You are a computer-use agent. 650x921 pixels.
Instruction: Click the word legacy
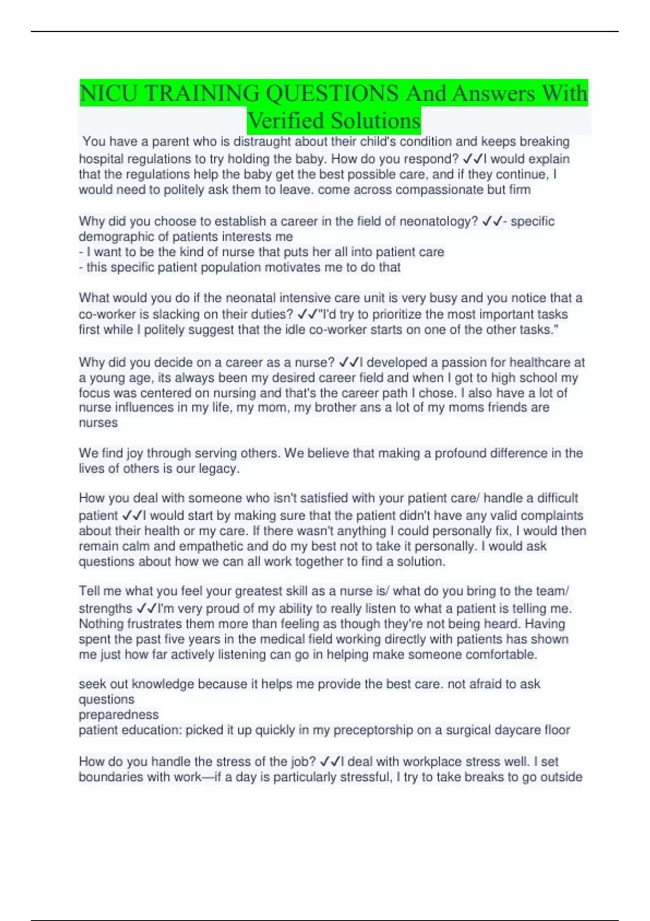(x=218, y=469)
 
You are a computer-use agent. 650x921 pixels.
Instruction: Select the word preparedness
(x=119, y=715)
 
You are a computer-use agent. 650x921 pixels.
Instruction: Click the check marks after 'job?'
(x=330, y=761)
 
